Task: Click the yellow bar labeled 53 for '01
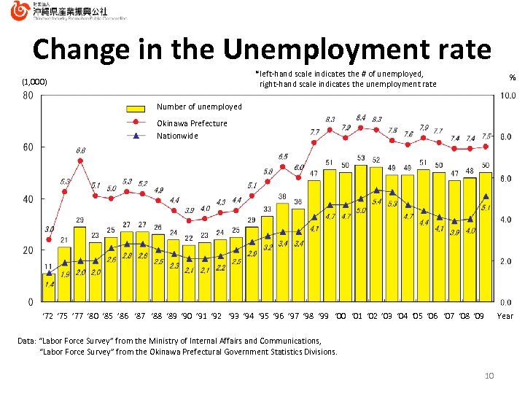click(x=360, y=233)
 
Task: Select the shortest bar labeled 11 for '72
click(x=48, y=287)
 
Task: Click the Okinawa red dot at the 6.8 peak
click(x=80, y=161)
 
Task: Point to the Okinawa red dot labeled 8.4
click(x=361, y=128)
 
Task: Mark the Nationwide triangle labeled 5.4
click(x=376, y=190)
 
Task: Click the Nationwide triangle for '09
click(x=486, y=196)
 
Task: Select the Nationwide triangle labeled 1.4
click(x=49, y=273)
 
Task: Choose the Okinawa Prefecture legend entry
click(x=192, y=123)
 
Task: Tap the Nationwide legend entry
click(x=177, y=136)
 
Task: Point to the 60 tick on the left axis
click(x=28, y=147)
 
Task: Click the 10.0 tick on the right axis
click(x=507, y=96)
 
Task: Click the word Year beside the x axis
click(x=505, y=316)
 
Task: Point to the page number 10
click(x=489, y=375)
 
